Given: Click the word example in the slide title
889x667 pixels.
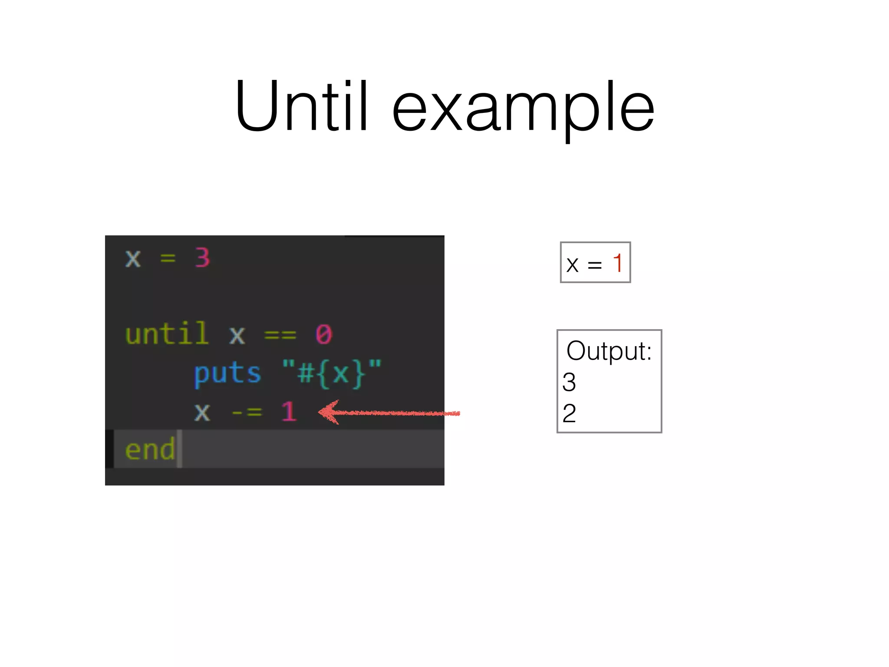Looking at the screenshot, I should click(523, 109).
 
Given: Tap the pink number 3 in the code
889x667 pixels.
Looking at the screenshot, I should click(202, 258).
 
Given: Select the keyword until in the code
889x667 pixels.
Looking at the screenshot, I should click(167, 333).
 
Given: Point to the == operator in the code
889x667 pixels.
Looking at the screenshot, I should click(280, 335).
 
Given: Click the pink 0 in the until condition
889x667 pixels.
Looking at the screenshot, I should click(324, 334).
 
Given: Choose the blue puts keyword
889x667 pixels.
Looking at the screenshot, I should click(227, 373).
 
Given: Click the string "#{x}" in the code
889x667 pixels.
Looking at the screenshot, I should click(332, 373).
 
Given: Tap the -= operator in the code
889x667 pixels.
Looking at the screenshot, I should click(247, 412).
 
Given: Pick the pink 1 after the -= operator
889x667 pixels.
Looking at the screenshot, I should click(289, 411).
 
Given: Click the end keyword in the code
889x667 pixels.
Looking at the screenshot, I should click(150, 449).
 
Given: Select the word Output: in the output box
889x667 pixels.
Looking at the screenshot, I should click(609, 351).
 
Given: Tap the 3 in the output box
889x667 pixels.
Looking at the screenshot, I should click(569, 382).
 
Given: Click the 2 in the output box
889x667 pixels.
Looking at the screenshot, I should click(569, 413).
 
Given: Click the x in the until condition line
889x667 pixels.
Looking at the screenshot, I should click(237, 335).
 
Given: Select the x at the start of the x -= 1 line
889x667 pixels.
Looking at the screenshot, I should click(202, 412).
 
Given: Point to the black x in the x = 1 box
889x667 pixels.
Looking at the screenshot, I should click(573, 264).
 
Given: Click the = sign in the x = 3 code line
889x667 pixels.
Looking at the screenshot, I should click(168, 258).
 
